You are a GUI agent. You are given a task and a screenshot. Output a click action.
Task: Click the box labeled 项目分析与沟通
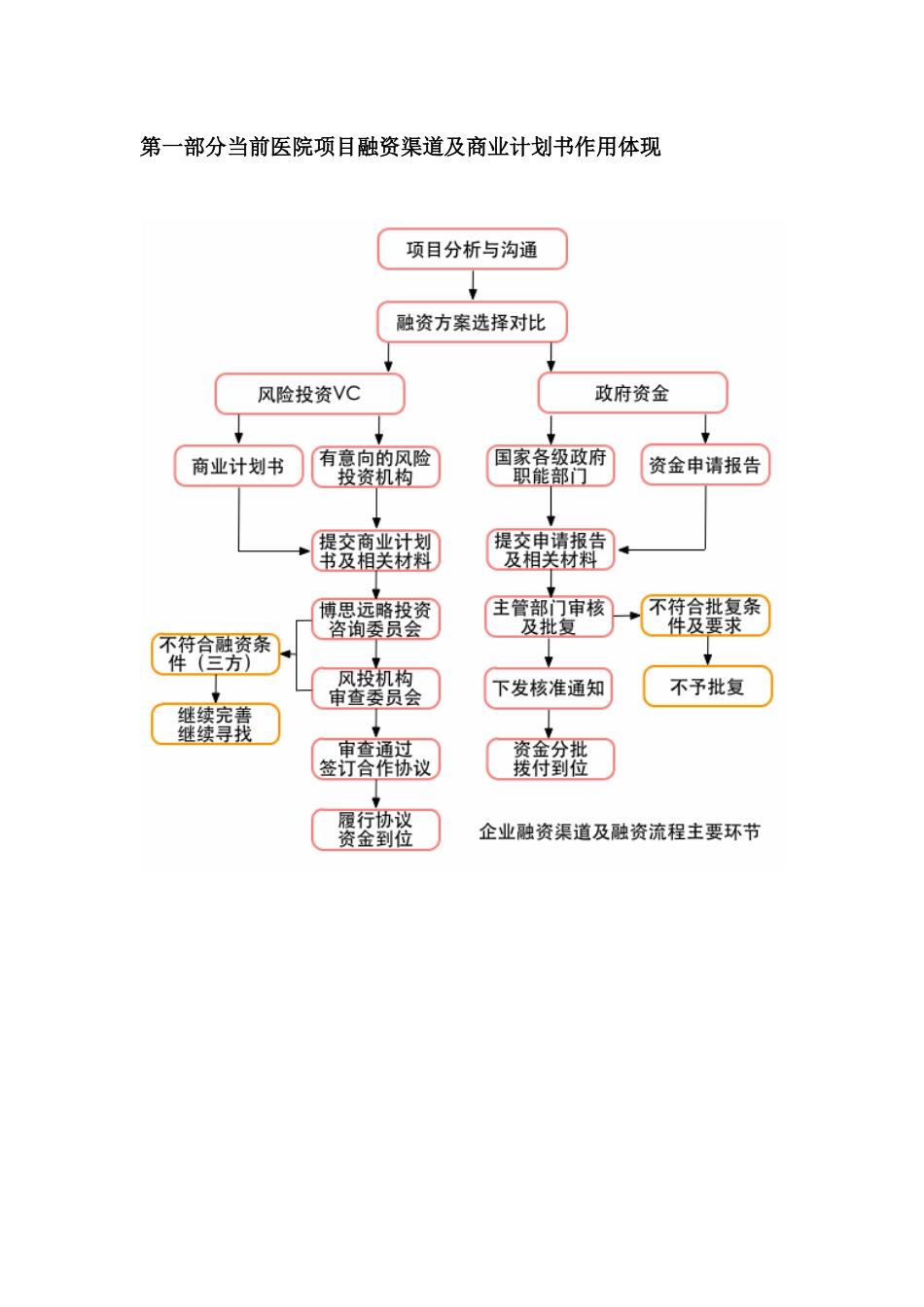tap(472, 250)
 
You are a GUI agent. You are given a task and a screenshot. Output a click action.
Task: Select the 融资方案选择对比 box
tap(472, 323)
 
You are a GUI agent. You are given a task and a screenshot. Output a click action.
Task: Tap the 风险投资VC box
tap(309, 394)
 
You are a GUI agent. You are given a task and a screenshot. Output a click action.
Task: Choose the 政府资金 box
tap(632, 394)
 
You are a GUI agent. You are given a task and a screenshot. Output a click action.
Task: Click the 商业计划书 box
tap(238, 466)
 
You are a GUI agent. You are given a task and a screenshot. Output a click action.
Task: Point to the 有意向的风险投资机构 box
tap(375, 467)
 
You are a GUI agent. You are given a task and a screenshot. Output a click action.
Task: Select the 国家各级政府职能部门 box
tap(551, 466)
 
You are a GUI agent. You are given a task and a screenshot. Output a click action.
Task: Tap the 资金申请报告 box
tap(704, 465)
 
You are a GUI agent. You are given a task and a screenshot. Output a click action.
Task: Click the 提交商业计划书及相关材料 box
tap(375, 550)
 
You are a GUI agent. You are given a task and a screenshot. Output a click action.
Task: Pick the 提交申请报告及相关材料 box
tap(551, 549)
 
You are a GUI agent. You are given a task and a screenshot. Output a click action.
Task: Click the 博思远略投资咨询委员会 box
tap(375, 619)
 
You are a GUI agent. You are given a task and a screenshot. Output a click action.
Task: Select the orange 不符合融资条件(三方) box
tap(215, 653)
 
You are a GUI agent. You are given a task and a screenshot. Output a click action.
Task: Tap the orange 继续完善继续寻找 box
tap(215, 724)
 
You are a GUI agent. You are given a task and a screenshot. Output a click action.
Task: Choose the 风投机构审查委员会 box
tap(375, 688)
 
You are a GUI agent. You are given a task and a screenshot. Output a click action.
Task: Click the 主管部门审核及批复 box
tap(549, 618)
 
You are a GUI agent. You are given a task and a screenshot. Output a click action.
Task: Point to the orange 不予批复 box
tap(707, 687)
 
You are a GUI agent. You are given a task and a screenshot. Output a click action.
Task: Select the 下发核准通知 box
tap(549, 689)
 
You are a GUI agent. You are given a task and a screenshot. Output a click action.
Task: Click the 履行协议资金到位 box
tap(375, 830)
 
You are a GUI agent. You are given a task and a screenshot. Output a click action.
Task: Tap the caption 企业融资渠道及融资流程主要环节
tap(620, 831)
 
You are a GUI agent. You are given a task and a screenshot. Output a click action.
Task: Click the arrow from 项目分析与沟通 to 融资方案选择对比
tap(473, 285)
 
